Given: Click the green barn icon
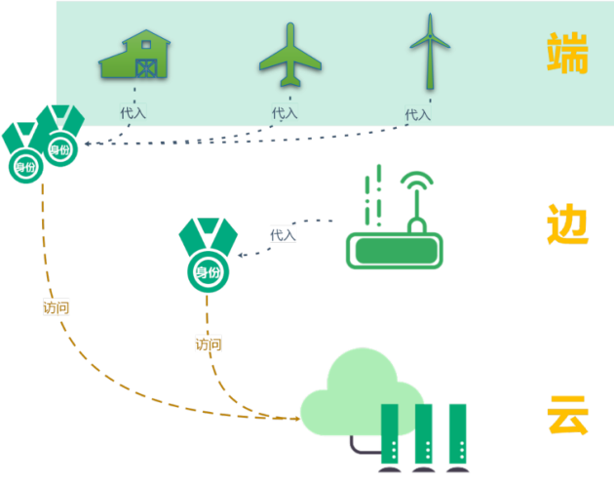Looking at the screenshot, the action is point(134,54).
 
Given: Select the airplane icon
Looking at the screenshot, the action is point(290,55).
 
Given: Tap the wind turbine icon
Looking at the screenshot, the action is point(430,51).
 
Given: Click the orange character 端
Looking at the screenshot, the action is point(567,53).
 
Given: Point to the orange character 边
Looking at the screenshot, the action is point(567,224).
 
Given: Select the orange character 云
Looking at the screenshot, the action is point(568,415).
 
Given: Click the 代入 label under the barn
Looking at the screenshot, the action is point(134,112).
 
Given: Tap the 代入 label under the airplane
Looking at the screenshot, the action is point(285,113).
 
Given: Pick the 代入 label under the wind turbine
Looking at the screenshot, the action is point(418,115).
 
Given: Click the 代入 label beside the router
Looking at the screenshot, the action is point(283,235).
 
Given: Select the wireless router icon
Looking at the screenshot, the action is point(395,217).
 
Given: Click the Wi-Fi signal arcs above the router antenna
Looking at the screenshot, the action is point(417,179).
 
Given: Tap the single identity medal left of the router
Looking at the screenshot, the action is point(209,255).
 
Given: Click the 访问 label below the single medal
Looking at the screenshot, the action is point(209,344).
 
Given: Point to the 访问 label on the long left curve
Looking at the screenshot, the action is point(56,307).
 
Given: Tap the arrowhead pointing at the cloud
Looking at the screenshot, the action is point(297,419).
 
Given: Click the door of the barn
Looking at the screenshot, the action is point(146,68).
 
